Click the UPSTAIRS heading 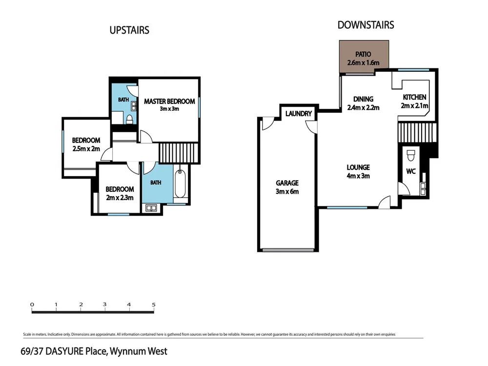pyautogui.click(x=129, y=30)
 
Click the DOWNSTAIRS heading pyautogui.click(x=366, y=25)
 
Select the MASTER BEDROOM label pyautogui.click(x=169, y=102)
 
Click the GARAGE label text pyautogui.click(x=287, y=183)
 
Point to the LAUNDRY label pyautogui.click(x=299, y=114)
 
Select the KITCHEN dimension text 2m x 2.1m pyautogui.click(x=414, y=106)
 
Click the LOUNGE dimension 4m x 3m pyautogui.click(x=358, y=176)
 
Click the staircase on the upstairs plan pyautogui.click(x=179, y=153)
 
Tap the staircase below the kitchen pyautogui.click(x=416, y=132)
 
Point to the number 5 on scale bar pyautogui.click(x=154, y=305)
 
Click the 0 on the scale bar pyautogui.click(x=32, y=305)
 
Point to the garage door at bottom pyautogui.click(x=287, y=250)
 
